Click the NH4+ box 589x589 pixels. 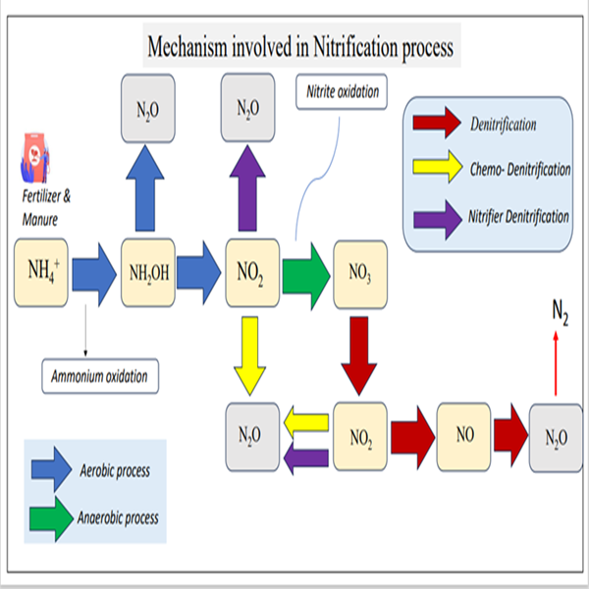pos(41,267)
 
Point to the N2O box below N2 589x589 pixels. pos(555,433)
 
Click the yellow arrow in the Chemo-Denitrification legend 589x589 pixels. pos(440,169)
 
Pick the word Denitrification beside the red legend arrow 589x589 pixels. pos(503,125)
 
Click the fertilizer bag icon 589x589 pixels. pos(34,155)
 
